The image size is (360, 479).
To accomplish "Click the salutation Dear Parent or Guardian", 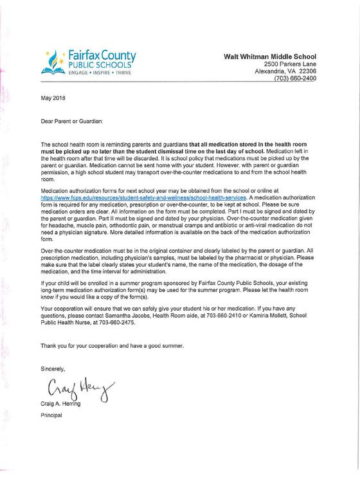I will pos(71,120).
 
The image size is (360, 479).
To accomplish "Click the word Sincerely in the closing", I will pos(53,368).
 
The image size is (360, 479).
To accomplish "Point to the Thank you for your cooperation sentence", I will pos(113,345).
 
